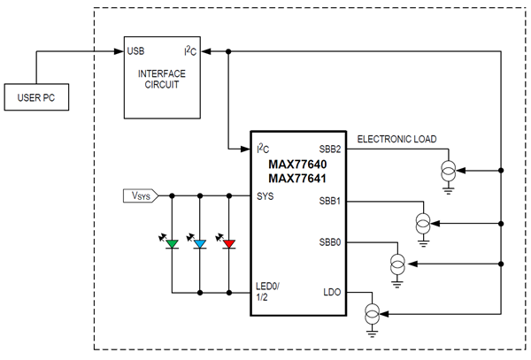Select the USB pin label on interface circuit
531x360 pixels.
pyautogui.click(x=137, y=50)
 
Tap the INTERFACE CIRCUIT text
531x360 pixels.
pyautogui.click(x=163, y=79)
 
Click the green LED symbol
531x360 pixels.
pyautogui.click(x=172, y=242)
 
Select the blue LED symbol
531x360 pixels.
pyautogui.click(x=200, y=242)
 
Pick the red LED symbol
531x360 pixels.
pyautogui.click(x=229, y=242)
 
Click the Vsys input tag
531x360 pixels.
pyautogui.click(x=138, y=195)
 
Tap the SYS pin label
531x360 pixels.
pyautogui.click(x=265, y=195)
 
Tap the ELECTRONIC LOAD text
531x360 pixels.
pyautogui.click(x=396, y=139)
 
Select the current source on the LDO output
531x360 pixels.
pyautogui.click(x=373, y=312)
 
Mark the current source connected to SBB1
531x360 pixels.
pyautogui.click(x=424, y=221)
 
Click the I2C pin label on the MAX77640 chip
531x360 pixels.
pyautogui.click(x=262, y=149)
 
